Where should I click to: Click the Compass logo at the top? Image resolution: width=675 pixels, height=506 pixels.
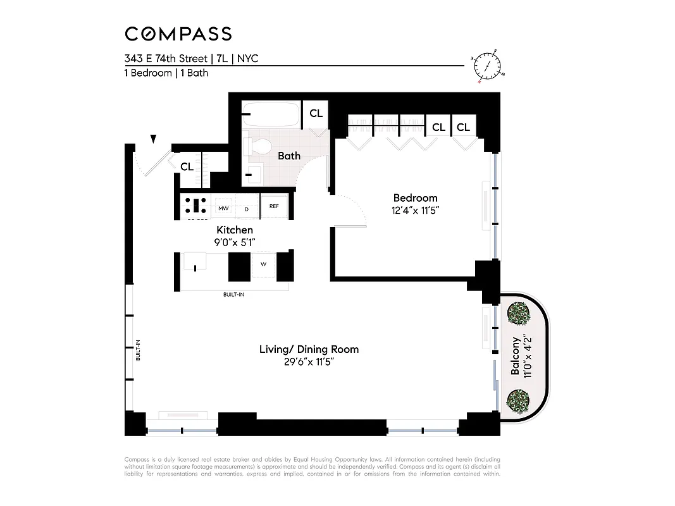(178, 34)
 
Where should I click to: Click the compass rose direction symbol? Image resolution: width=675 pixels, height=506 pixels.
(488, 66)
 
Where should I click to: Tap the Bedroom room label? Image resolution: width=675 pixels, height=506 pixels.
(415, 198)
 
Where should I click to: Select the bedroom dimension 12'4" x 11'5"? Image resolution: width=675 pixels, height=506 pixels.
(415, 211)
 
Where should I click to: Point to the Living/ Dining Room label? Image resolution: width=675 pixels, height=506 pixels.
(309, 349)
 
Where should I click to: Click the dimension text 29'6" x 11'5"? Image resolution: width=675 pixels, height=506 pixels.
(309, 362)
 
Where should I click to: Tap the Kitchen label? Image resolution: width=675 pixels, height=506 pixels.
(235, 230)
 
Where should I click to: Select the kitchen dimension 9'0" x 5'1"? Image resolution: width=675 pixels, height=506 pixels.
(235, 242)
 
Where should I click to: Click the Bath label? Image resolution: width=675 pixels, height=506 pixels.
(289, 156)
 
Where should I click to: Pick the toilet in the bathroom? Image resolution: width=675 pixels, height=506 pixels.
(257, 147)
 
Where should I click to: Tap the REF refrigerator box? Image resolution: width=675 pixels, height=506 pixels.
(274, 206)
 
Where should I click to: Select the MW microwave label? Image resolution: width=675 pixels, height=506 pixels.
(223, 207)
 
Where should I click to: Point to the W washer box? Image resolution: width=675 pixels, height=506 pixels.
(264, 264)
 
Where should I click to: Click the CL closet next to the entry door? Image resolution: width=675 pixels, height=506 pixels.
(187, 167)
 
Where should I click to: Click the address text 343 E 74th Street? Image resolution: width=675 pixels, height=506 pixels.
(165, 59)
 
